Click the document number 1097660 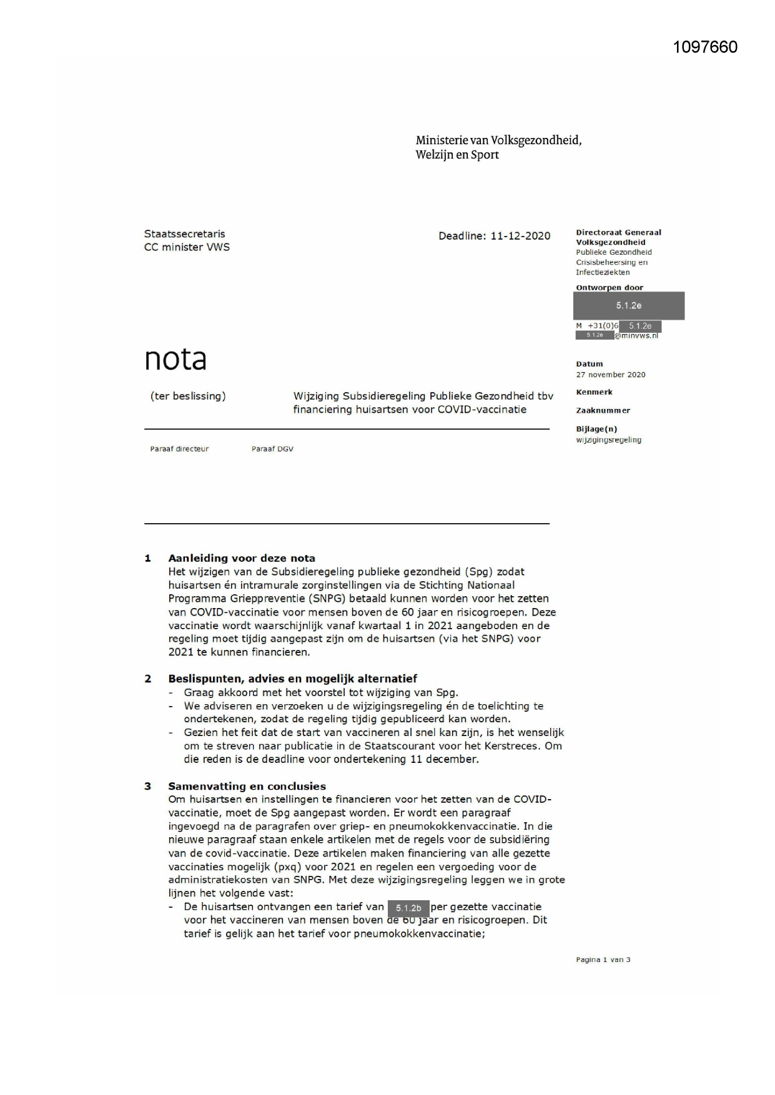705,47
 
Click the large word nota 175,360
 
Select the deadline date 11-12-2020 520,236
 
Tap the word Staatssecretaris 184,234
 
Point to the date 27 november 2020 610,375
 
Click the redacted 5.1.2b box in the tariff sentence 408,908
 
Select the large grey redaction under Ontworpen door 628,306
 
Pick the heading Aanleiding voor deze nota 241,558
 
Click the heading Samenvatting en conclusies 247,786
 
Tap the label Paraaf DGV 272,449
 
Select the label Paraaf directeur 179,449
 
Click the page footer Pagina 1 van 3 603,960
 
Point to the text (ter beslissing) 188,396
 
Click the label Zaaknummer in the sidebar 603,410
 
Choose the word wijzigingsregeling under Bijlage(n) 608,439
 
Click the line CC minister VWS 187,247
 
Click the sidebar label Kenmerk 594,392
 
